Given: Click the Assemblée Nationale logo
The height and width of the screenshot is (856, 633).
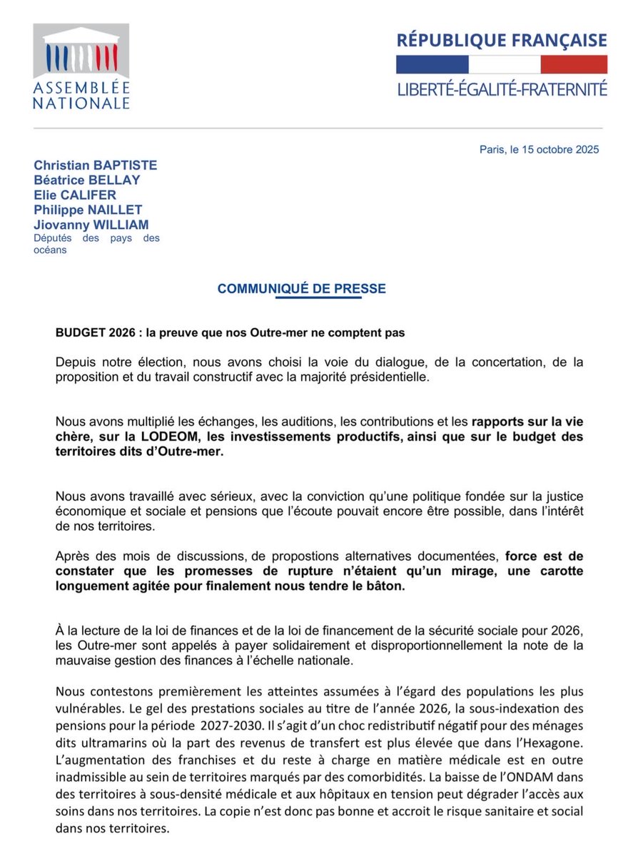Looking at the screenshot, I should (x=81, y=66).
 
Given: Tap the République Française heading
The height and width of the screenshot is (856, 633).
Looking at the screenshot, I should (x=502, y=40).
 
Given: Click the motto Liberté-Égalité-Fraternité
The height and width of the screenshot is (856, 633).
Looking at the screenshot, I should (x=502, y=89).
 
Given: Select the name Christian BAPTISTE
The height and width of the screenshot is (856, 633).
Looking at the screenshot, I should (x=95, y=165).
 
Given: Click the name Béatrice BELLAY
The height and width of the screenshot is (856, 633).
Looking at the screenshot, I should (x=86, y=180).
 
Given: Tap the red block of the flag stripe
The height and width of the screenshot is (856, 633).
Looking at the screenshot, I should (x=573, y=64).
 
